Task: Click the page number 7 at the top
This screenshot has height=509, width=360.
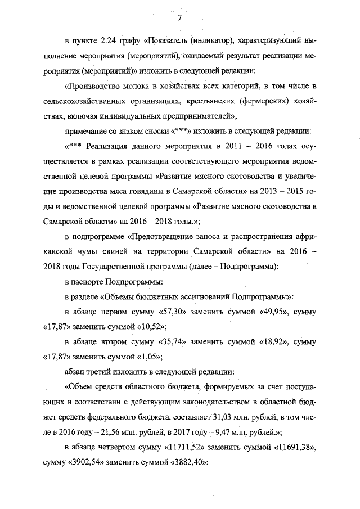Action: click(x=179, y=17)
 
